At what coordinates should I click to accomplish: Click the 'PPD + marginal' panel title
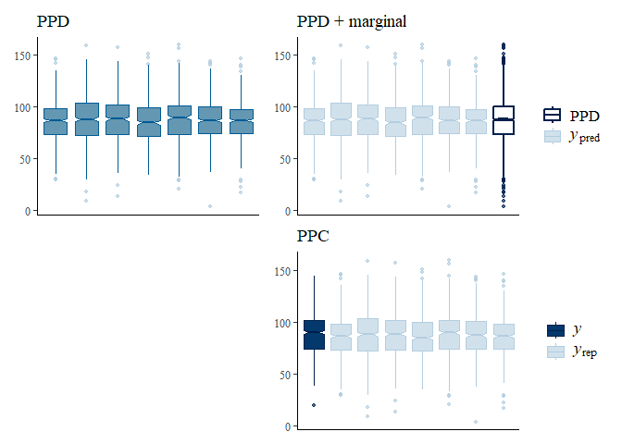tap(352, 20)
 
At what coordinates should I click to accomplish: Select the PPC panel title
tap(315, 236)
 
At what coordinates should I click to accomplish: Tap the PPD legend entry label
tap(584, 116)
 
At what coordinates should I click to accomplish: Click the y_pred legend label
tap(585, 137)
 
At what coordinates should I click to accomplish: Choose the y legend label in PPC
tap(578, 329)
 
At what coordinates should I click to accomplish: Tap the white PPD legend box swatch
tap(554, 116)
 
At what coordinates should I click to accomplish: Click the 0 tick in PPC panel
tap(288, 426)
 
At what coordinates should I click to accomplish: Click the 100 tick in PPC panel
tap(280, 323)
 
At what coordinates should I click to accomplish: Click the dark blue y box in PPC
tap(315, 334)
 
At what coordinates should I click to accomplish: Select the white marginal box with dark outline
tap(504, 120)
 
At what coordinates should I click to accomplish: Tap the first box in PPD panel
tap(56, 121)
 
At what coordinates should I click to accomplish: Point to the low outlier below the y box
tap(315, 405)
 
